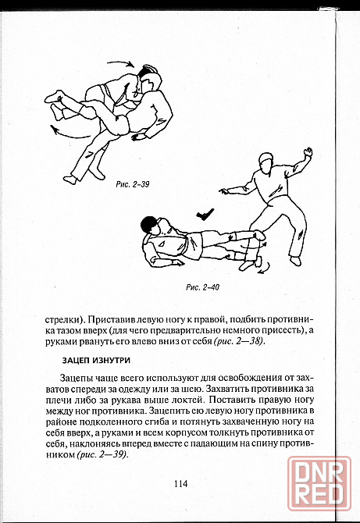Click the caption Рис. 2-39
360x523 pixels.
(x=133, y=184)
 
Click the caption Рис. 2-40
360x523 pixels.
(x=202, y=287)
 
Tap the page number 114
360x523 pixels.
(x=180, y=483)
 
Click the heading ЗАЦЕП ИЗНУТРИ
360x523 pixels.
(x=96, y=361)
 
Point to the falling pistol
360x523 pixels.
(x=205, y=214)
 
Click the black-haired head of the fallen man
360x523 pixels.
(x=149, y=224)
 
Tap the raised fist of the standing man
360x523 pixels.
(x=308, y=152)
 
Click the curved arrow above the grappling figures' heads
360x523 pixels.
(x=121, y=63)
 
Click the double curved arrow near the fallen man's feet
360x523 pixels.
(x=264, y=268)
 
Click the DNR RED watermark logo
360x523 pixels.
(x=319, y=483)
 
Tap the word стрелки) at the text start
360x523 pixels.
(x=64, y=319)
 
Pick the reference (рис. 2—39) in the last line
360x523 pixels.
(x=102, y=454)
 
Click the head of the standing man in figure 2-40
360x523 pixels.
(x=266, y=162)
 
